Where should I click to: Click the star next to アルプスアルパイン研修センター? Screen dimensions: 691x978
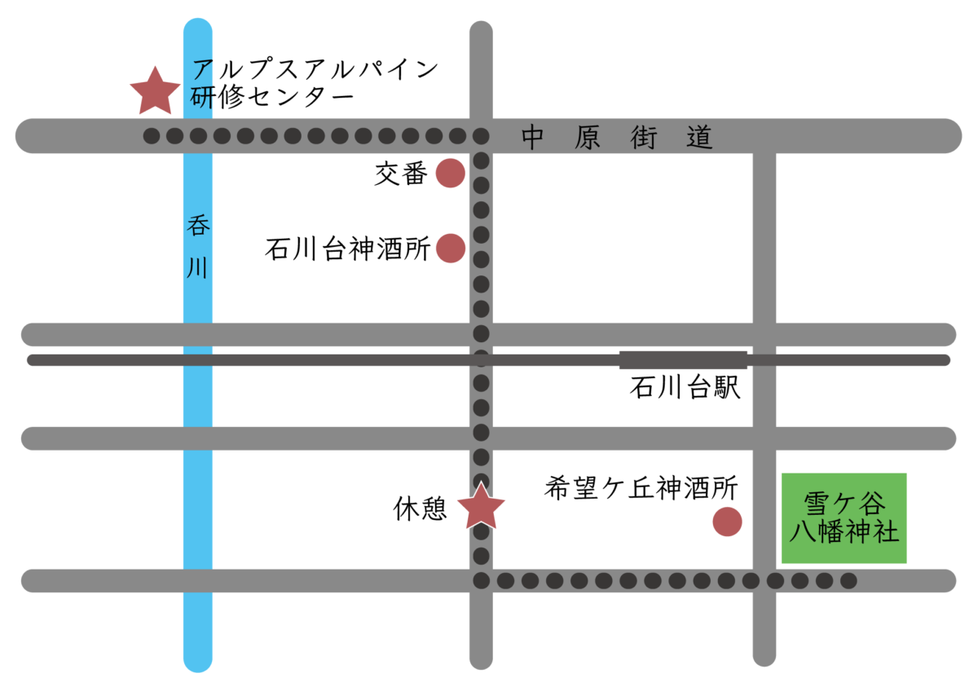tap(155, 91)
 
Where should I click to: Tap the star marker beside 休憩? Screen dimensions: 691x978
tap(481, 507)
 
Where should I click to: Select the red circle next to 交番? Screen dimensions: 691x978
tap(451, 174)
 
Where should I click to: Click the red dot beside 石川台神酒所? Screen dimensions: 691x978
tap(451, 248)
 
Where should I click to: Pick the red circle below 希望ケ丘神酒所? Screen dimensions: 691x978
tap(727, 522)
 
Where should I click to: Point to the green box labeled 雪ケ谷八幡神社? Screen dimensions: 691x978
tap(844, 518)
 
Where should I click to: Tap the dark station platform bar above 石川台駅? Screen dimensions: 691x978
tap(683, 359)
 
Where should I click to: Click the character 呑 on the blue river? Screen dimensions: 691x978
tap(198, 227)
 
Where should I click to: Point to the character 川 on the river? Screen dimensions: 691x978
tap(198, 267)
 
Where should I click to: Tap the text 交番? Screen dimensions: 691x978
tap(401, 174)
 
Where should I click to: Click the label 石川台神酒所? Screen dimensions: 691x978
tap(347, 249)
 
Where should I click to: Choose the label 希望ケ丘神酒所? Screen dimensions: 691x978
tap(641, 488)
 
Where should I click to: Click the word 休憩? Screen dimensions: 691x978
tap(421, 510)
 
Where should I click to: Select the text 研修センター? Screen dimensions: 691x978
tap(272, 98)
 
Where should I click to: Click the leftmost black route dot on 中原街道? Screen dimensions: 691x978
tap(152, 136)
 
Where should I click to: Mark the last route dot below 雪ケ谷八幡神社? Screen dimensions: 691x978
tap(848, 581)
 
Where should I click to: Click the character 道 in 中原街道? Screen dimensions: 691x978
tap(699, 138)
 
